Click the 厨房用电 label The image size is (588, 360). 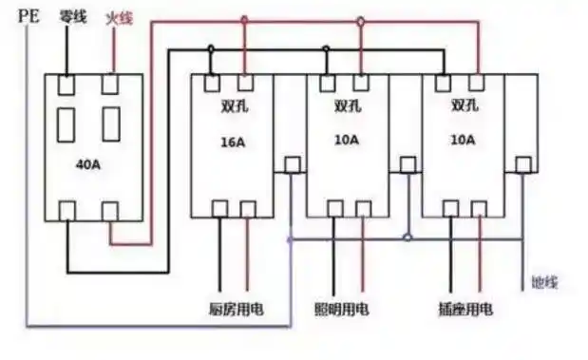(x=235, y=310)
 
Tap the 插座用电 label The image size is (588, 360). (x=460, y=310)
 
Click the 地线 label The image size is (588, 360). (x=545, y=282)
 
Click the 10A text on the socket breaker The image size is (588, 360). (x=463, y=139)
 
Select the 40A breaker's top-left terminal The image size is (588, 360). (x=67, y=84)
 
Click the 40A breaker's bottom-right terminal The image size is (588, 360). (x=111, y=210)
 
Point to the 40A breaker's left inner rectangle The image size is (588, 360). (x=67, y=123)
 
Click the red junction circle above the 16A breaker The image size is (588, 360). (x=244, y=19)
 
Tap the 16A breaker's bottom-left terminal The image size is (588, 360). (x=218, y=209)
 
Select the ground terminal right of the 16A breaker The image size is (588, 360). (x=292, y=164)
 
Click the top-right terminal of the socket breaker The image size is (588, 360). (x=475, y=83)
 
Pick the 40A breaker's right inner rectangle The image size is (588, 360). (x=111, y=123)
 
